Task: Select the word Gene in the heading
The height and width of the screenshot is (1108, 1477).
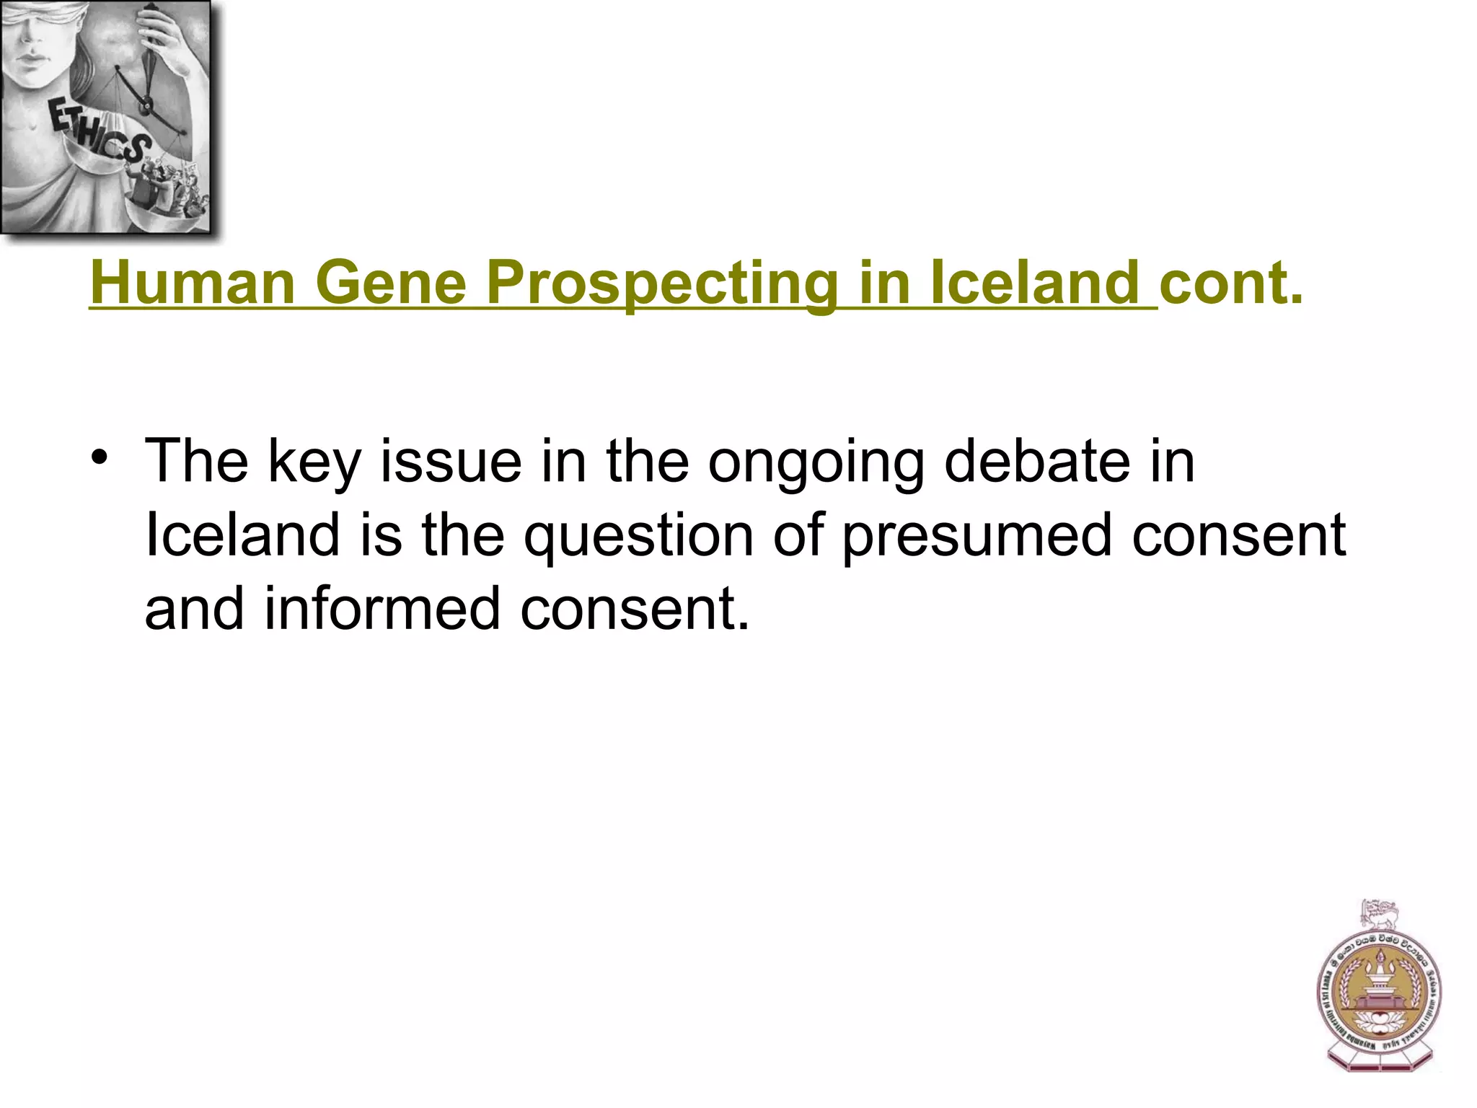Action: (391, 283)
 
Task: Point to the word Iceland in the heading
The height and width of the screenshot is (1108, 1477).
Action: (1036, 283)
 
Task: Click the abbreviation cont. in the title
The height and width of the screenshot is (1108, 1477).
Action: (1232, 283)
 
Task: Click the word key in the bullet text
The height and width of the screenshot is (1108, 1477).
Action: (314, 463)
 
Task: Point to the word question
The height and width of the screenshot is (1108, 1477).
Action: (638, 537)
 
